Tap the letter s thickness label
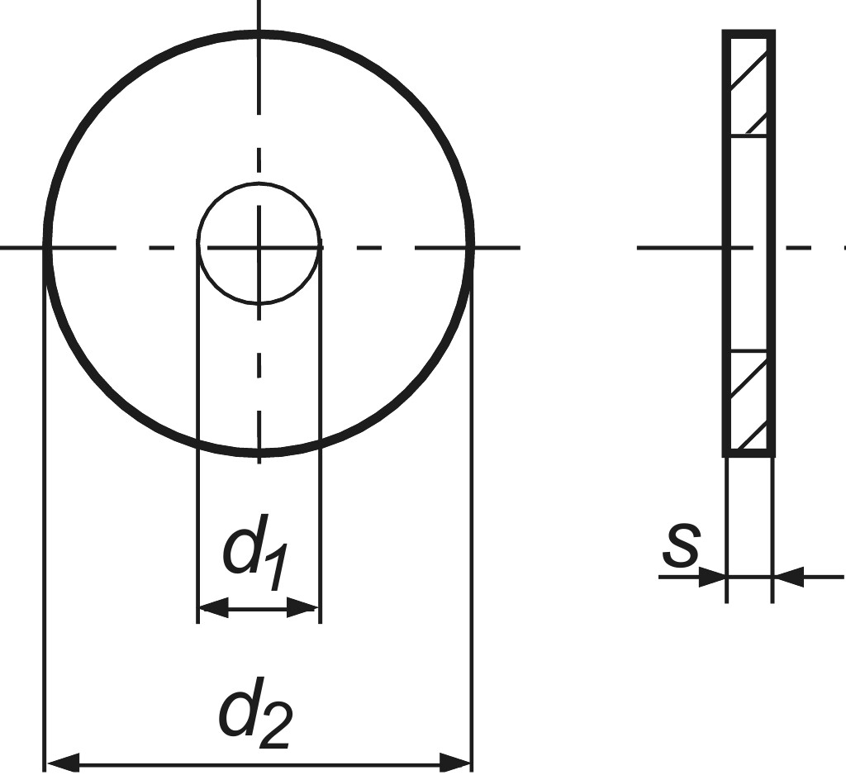click(x=682, y=546)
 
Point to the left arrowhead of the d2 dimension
click(x=64, y=763)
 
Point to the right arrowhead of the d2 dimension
click(x=455, y=763)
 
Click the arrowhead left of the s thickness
click(x=711, y=578)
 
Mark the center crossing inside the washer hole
click(x=259, y=248)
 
